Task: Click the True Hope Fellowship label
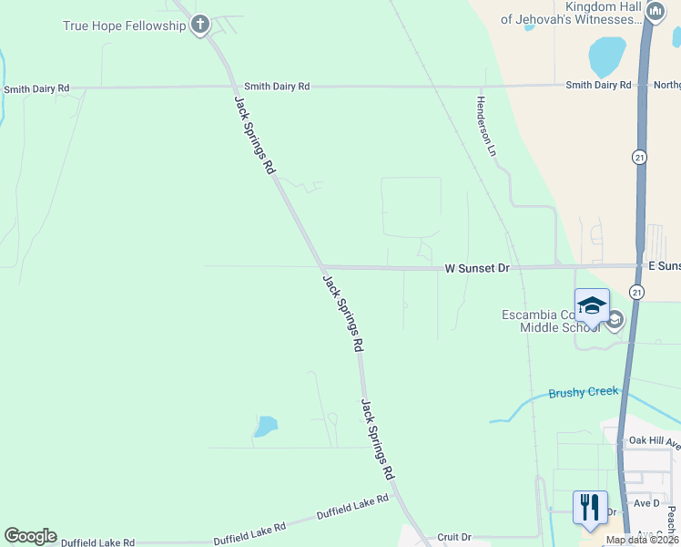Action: pos(124,26)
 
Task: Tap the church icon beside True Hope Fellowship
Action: pos(201,25)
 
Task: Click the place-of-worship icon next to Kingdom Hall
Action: pos(656,11)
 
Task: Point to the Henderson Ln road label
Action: pos(485,125)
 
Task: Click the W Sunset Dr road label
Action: pos(477,268)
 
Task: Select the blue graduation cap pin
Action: pos(592,305)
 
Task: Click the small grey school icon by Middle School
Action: pos(615,319)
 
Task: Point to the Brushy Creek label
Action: pos(583,393)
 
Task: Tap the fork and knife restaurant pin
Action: pos(590,508)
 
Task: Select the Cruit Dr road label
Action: pos(453,538)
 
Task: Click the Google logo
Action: pos(30,536)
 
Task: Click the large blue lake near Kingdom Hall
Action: pos(607,57)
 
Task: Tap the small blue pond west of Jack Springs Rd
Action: pos(265,426)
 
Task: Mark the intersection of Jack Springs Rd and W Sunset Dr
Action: pos(321,267)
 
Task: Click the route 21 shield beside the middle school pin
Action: pos(636,292)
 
